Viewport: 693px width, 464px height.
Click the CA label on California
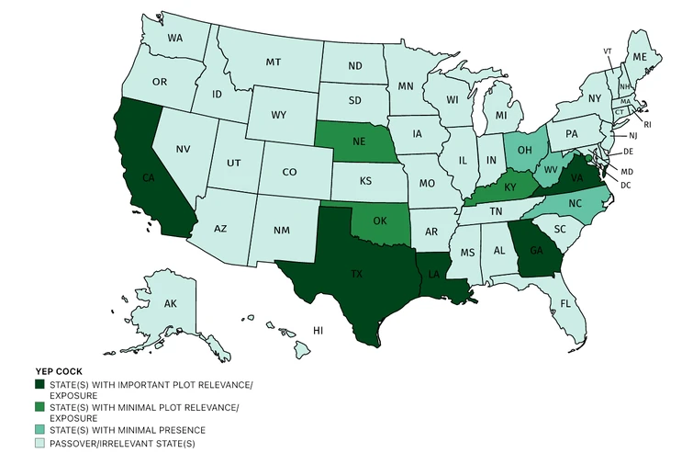(x=148, y=177)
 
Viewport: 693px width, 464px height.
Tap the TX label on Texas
(x=356, y=274)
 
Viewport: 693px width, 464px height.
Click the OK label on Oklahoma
(x=381, y=222)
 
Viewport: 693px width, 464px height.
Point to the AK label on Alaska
(x=170, y=303)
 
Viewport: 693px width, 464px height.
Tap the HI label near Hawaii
(x=318, y=329)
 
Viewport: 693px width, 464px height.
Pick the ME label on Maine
(x=641, y=57)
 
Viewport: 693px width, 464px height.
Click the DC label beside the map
(x=625, y=186)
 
